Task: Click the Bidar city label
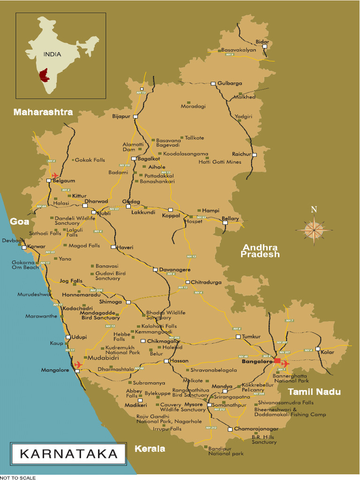(262, 42)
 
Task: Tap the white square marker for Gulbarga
(213, 83)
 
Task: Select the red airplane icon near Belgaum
(56, 176)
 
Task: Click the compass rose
(314, 229)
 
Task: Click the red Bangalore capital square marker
(277, 361)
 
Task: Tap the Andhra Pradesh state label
(260, 251)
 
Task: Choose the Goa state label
(20, 222)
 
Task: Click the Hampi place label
(210, 210)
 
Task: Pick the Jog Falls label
(71, 281)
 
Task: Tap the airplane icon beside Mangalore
(78, 364)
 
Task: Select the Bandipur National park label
(226, 451)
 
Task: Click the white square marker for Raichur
(255, 154)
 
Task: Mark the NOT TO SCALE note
(17, 477)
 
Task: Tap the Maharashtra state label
(43, 112)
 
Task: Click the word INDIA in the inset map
(52, 54)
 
